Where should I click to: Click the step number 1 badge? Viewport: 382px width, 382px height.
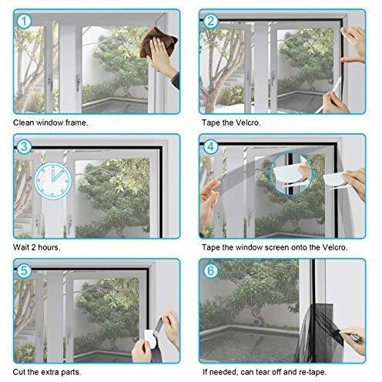point(25,22)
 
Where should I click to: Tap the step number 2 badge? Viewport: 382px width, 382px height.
point(211,22)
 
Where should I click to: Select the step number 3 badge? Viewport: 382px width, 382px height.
point(24,146)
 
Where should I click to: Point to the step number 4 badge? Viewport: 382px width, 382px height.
point(210,146)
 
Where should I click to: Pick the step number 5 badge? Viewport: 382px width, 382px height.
point(24,271)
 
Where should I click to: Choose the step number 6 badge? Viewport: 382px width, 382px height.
point(210,271)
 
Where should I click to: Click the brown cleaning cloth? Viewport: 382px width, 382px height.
point(158,43)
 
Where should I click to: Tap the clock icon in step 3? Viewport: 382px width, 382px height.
point(52,180)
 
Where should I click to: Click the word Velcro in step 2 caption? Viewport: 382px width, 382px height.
point(248,122)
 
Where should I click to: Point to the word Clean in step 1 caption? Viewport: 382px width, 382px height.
point(24,122)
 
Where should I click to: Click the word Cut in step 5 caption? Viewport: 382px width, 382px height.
point(18,372)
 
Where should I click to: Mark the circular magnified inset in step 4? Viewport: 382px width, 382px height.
point(291,173)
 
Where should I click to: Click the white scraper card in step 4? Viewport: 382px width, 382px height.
point(333,179)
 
